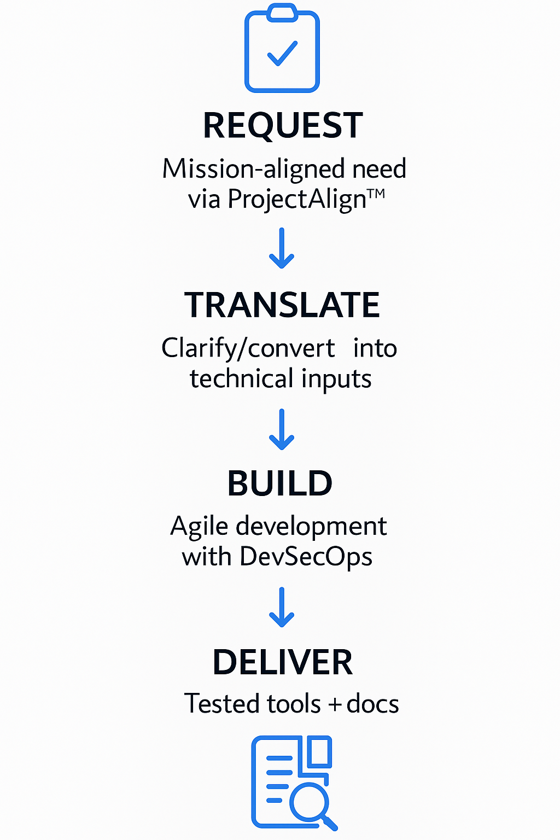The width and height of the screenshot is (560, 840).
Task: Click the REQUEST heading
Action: point(283,125)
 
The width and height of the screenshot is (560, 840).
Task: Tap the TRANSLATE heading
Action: point(282,305)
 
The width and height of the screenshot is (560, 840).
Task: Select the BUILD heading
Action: point(279,483)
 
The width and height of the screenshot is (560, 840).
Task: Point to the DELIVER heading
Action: point(282,662)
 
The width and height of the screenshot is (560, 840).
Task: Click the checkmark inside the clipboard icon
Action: point(282,53)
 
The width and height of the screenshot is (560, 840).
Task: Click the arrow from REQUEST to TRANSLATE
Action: point(282,248)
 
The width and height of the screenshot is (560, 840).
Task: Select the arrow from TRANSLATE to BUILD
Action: point(282,429)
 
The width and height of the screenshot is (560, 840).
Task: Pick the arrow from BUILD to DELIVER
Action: point(282,608)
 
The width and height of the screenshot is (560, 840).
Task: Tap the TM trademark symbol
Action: point(376,193)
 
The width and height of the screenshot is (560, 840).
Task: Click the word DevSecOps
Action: point(306,557)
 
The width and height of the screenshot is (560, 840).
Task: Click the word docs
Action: point(372,704)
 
